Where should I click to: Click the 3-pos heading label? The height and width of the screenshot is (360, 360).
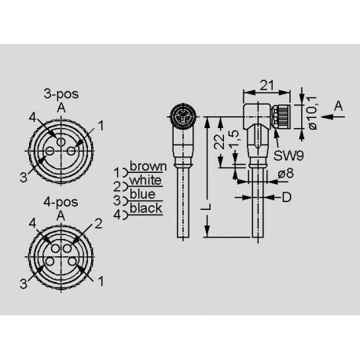coord(61,94)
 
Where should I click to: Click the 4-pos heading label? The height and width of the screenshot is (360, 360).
coord(61,202)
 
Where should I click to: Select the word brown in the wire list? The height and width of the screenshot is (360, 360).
coord(149,167)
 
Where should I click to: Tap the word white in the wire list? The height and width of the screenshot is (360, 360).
coord(145,180)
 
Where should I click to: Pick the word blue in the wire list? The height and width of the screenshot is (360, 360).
coord(142,194)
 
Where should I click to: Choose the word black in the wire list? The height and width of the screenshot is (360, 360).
coord(146,208)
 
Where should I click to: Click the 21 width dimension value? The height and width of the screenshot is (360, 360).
coord(266,85)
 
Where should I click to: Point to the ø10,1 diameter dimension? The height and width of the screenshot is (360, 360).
coord(312,113)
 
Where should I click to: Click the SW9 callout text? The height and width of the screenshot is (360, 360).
coord(288,156)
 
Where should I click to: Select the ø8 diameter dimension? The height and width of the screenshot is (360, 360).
coord(286,173)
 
